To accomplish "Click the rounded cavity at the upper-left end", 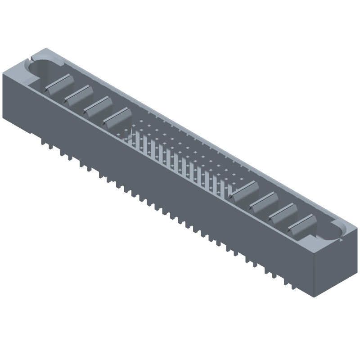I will point(44,71).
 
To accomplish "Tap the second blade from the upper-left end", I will point(78,94).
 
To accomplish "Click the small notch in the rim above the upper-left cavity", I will point(32,58).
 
